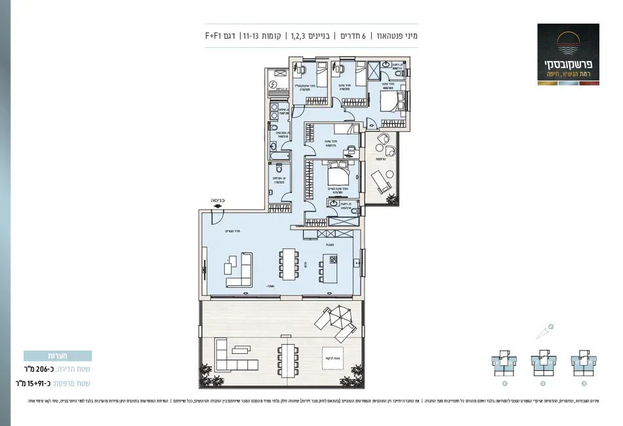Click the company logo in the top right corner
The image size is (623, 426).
pos(568,53)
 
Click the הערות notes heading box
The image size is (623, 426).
pos(58,356)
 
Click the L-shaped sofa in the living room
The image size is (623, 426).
pos(240,269)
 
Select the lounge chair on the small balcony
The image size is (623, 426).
pos(380,178)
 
